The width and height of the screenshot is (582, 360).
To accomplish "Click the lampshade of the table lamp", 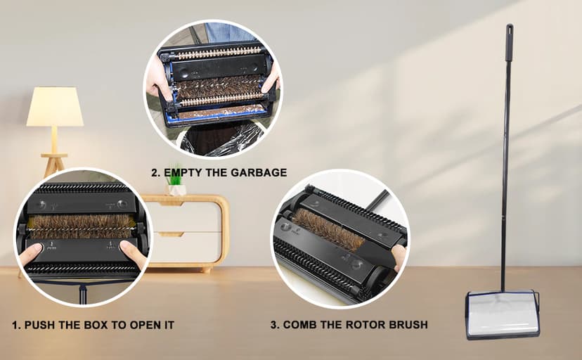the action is point(55,106).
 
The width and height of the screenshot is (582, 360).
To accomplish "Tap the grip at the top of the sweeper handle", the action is point(509,43).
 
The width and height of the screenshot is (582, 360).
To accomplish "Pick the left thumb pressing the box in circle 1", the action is point(30,254).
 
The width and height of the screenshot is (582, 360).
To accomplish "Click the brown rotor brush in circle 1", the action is point(81,226).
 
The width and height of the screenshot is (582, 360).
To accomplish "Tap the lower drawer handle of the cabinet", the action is point(171,235).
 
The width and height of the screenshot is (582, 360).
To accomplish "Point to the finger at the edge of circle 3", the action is point(399,257).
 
